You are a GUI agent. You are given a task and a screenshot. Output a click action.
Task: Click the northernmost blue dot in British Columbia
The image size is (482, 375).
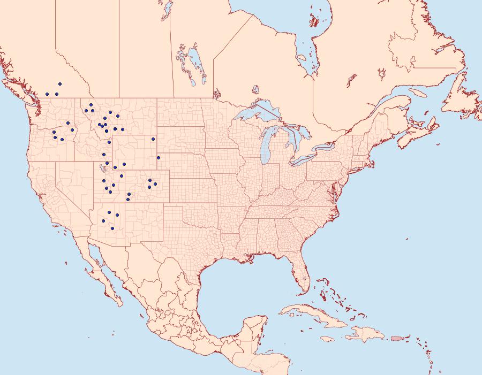60,84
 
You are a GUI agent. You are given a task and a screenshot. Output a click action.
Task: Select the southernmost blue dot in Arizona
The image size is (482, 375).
112,228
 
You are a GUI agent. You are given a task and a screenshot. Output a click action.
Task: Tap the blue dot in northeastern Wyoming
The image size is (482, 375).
153,139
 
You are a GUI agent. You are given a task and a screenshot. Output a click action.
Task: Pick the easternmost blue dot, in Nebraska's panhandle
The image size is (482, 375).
158,157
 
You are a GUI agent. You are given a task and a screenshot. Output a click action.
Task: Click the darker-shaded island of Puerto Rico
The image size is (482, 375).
397,338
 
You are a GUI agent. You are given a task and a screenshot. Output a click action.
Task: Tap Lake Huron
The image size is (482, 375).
295,136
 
